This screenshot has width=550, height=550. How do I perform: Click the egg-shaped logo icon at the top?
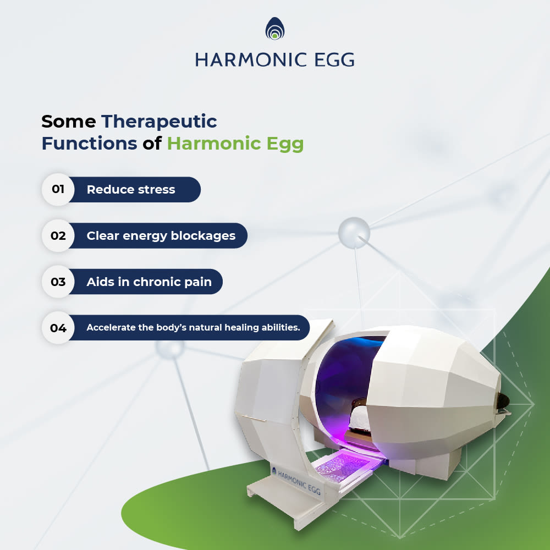tap(275, 29)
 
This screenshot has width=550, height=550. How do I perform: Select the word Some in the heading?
tap(68, 122)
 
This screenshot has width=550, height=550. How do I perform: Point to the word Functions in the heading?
tap(90, 143)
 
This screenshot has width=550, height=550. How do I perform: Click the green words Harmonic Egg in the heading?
tap(235, 144)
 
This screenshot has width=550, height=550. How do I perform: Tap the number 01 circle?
tap(58, 189)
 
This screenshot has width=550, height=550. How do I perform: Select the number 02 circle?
tap(58, 235)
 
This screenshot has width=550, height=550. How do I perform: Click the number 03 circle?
tap(58, 282)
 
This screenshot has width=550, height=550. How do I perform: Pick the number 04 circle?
tap(58, 328)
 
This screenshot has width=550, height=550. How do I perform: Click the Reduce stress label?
tap(131, 189)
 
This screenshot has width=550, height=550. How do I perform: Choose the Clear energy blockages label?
tap(161, 236)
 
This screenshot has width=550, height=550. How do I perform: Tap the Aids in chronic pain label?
tap(149, 282)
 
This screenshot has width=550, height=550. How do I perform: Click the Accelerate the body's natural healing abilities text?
tap(193, 328)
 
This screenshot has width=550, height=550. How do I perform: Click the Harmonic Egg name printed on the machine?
tap(299, 482)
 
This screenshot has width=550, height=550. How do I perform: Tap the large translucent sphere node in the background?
tap(354, 233)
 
